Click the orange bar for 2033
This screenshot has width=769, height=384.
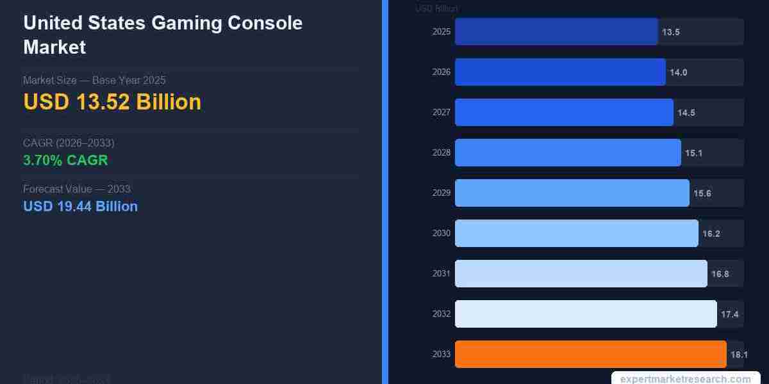[x=590, y=354]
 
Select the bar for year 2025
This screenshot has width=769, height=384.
[x=556, y=31]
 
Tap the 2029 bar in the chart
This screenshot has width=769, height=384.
[x=572, y=193]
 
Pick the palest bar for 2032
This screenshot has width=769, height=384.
[x=586, y=314]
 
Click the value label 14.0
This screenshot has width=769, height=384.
[x=678, y=72]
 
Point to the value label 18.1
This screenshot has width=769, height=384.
[x=739, y=355]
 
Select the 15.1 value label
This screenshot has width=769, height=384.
[x=693, y=153]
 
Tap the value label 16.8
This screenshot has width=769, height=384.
[x=720, y=274]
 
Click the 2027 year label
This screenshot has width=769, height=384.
[x=441, y=112]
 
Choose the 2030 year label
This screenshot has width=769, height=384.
[x=441, y=233]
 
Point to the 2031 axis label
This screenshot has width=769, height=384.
[x=441, y=273]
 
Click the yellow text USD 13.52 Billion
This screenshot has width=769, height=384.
[x=112, y=102]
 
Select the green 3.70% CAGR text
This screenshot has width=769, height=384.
[x=65, y=160]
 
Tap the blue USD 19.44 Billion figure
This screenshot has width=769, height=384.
[x=80, y=206]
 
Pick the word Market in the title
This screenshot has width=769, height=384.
[x=54, y=47]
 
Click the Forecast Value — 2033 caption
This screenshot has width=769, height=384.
[x=77, y=189]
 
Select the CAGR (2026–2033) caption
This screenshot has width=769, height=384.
[x=69, y=143]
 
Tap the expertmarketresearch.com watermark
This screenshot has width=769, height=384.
[x=685, y=379]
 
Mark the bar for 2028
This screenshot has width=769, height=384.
[x=568, y=152]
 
